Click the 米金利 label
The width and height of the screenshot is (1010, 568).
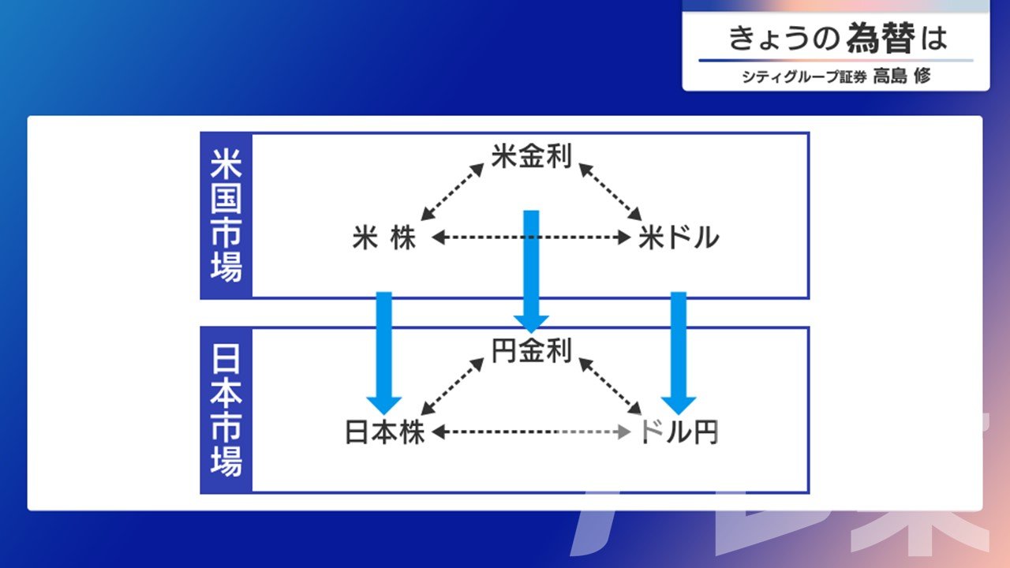tap(531, 156)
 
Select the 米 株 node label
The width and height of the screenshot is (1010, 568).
tap(384, 237)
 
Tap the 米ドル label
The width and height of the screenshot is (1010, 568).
tap(679, 237)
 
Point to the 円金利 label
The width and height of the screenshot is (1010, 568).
tap(531, 351)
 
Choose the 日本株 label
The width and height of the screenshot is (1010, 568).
tap(384, 432)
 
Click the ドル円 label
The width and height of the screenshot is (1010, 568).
tap(679, 432)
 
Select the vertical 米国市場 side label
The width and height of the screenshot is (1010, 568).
tap(226, 215)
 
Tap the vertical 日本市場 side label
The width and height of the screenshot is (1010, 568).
tap(226, 410)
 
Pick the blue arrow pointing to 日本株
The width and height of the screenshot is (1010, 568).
tap(384, 353)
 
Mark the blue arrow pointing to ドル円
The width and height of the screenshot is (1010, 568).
tap(679, 353)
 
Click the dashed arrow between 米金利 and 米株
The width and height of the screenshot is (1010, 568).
tap(452, 192)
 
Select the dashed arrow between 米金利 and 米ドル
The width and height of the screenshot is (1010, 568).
tap(610, 192)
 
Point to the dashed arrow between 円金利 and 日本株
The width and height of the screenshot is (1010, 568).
tap(452, 387)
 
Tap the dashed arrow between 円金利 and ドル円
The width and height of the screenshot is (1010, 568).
tap(610, 387)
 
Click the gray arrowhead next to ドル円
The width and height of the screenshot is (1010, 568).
tap(624, 432)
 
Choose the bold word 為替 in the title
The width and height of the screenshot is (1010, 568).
tap(881, 39)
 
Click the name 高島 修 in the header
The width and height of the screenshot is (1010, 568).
tap(902, 77)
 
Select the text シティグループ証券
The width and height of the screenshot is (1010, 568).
tap(804, 77)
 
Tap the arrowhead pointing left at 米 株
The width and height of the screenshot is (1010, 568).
tap(439, 237)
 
